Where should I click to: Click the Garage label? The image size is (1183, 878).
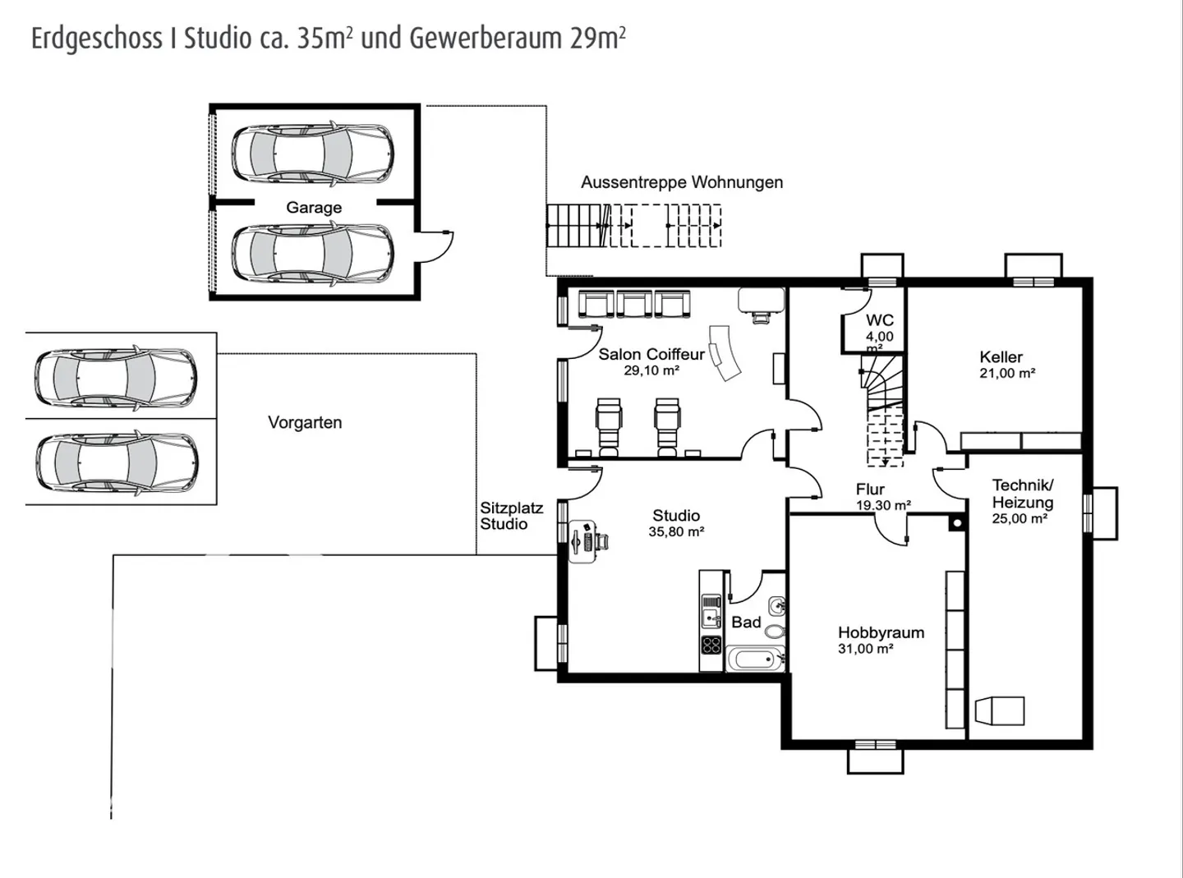coord(314,208)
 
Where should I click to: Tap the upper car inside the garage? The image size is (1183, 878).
coord(312,154)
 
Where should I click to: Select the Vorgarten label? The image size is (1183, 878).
coord(305,423)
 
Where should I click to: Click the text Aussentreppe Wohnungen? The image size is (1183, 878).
coord(682,182)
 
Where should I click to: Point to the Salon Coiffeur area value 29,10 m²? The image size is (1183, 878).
coord(651,371)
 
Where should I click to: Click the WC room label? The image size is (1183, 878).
coord(879,320)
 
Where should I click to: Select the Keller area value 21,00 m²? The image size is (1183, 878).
coord(1007,373)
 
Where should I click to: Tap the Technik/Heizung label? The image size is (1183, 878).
coord(1022,494)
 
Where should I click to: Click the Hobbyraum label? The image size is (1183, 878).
coord(881,632)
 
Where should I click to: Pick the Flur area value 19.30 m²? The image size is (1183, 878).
coord(883,505)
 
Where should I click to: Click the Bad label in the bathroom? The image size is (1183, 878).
coord(746,623)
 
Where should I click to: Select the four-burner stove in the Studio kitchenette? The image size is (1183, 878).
coord(711,645)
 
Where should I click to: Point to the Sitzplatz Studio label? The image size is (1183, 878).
coord(511,516)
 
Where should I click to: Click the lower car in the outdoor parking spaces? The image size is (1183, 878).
coord(116,462)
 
